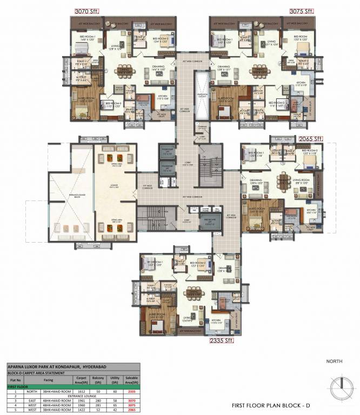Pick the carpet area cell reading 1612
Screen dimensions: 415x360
coord(82,391)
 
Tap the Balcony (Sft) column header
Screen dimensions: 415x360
coord(99,380)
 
